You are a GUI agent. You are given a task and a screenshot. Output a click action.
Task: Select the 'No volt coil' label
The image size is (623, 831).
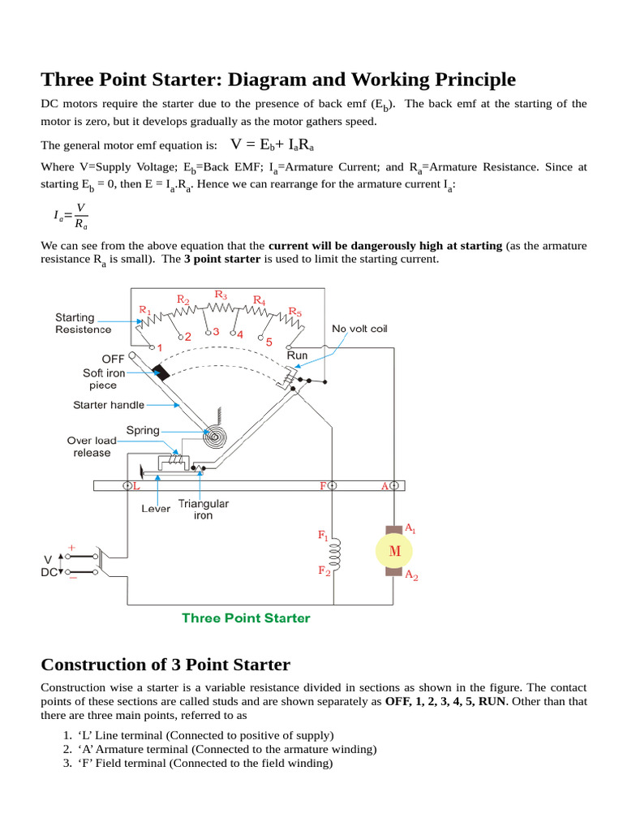359,329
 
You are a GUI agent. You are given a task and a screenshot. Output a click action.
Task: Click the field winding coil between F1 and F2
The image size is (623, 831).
335,553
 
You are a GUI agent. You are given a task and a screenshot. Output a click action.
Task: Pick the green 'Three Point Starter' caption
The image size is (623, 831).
246,618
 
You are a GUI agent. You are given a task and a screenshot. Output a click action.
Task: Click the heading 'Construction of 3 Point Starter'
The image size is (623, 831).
165,665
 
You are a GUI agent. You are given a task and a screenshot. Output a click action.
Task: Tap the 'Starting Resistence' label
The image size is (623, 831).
83,323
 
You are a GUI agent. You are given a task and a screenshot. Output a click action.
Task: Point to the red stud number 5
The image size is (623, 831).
269,342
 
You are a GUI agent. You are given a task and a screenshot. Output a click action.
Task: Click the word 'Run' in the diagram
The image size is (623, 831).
298,355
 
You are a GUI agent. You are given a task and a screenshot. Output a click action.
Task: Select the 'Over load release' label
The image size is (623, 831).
92,446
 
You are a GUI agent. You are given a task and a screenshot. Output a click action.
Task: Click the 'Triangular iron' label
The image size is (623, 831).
203,509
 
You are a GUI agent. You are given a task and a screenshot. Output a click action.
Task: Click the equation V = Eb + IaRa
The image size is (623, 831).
273,144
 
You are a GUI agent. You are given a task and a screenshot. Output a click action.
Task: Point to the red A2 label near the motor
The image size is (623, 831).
411,576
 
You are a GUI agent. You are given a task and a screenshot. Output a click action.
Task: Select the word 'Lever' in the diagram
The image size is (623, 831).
156,509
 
